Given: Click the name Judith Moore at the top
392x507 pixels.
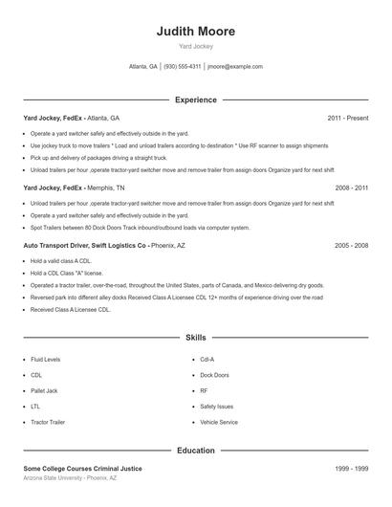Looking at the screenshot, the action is point(195,31).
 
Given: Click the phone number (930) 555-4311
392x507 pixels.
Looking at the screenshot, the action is point(182,67).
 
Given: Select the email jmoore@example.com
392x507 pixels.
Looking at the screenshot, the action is point(235,67).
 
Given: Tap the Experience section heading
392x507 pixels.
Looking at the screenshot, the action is point(195,99).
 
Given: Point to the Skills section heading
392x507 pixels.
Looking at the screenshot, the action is point(195,338).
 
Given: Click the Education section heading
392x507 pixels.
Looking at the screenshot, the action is point(195,450).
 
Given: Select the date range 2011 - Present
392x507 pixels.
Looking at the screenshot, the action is point(347,118).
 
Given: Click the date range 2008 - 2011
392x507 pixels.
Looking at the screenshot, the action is point(351,189).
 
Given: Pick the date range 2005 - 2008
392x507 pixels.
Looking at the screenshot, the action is point(351,246).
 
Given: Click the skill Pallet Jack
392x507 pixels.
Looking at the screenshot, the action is point(45,390).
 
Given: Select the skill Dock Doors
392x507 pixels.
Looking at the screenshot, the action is point(214,375).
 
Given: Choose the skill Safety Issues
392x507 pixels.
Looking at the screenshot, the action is point(217,406).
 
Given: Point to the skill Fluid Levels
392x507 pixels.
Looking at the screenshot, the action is point(46,360).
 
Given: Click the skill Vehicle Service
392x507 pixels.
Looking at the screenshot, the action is point(219,422).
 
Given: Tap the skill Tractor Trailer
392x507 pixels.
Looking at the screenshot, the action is point(48,422).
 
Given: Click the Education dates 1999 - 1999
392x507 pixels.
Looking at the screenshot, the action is point(351,469).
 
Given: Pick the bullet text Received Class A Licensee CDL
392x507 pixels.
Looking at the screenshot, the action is point(71,310).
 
